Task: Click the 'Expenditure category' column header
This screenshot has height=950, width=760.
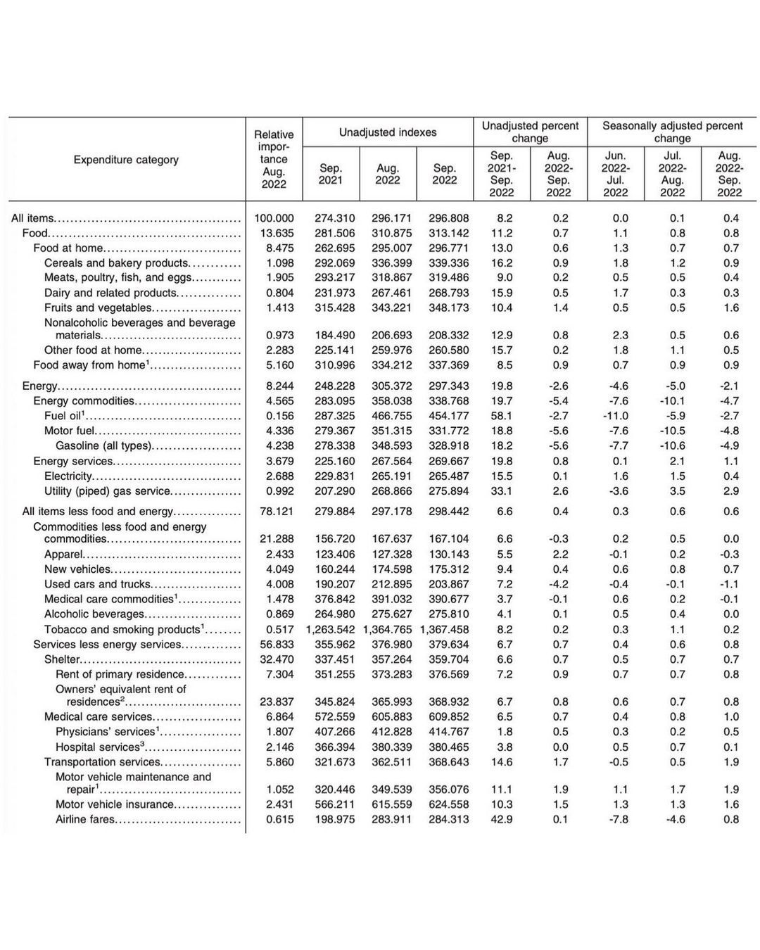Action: [x=126, y=160]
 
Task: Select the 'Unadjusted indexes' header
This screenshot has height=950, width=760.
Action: [x=388, y=132]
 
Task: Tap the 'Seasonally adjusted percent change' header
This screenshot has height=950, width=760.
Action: [x=672, y=132]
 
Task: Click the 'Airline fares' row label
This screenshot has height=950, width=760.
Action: [x=85, y=819]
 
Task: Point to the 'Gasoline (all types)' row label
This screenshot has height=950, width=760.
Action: [x=103, y=445]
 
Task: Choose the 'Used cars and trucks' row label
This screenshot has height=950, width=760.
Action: [x=97, y=584]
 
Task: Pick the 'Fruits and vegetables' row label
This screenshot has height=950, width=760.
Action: [x=97, y=308]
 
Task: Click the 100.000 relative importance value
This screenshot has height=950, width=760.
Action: [x=274, y=218]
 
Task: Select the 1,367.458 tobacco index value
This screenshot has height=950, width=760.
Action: [x=444, y=629]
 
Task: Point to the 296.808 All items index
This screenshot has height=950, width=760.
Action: [x=448, y=218]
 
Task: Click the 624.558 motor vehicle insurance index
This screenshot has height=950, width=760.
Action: [x=448, y=804]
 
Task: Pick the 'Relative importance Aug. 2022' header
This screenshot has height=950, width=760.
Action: [x=274, y=159]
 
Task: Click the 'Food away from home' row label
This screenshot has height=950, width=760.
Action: [x=89, y=365]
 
